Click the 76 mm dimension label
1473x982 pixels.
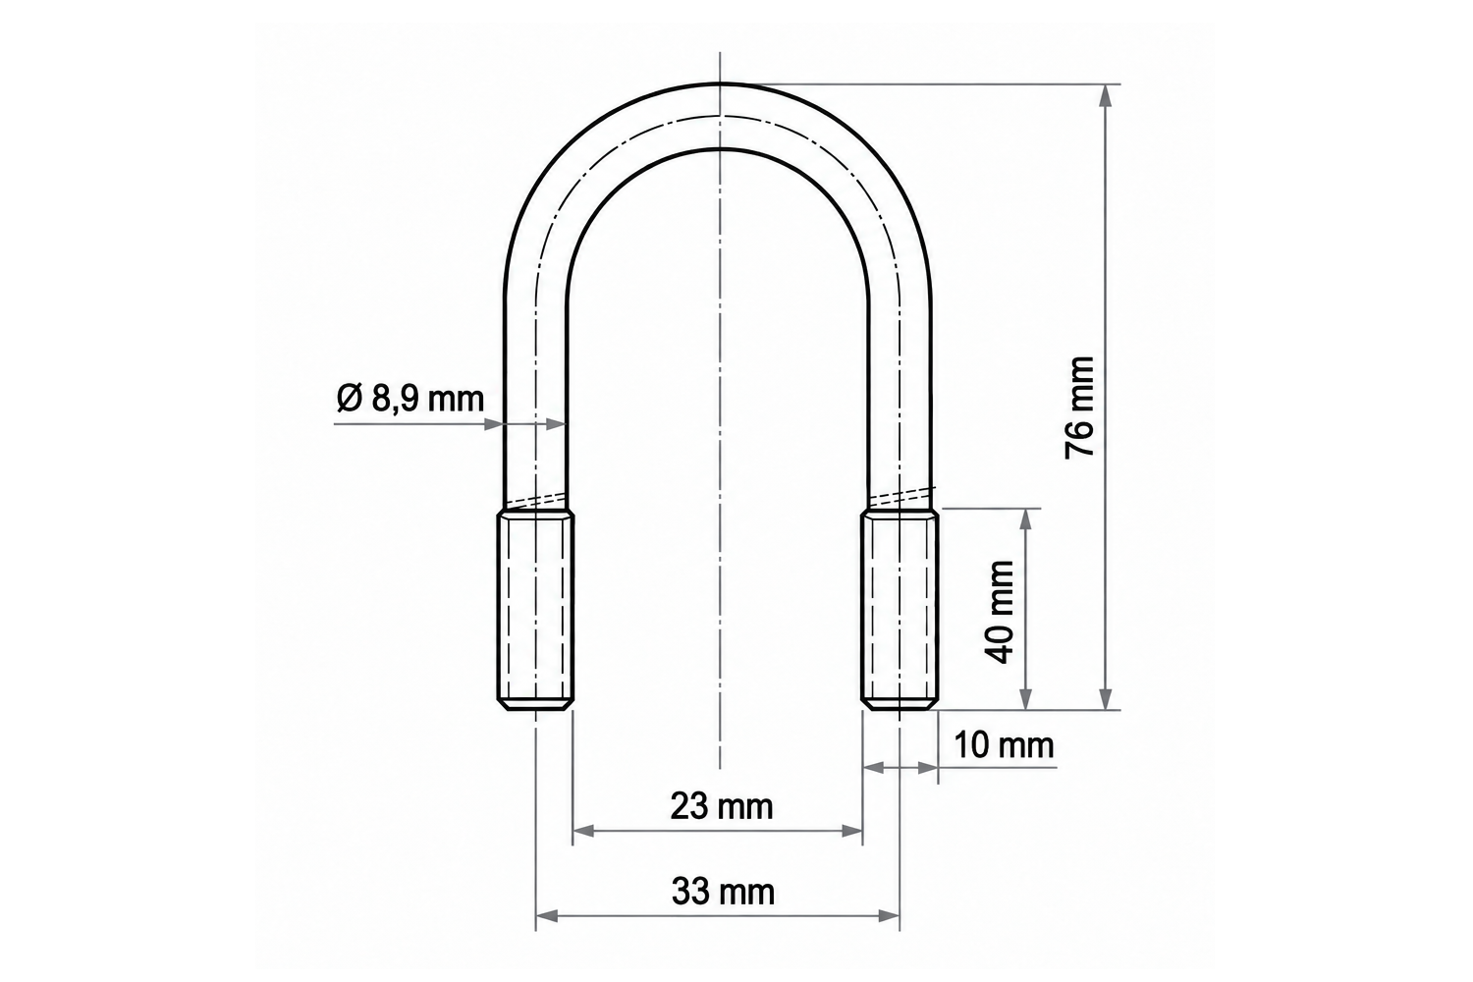[x=1080, y=408]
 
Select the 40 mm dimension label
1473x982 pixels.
[x=999, y=612]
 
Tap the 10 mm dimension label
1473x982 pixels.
[x=1004, y=745]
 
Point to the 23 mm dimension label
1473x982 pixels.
[x=722, y=806]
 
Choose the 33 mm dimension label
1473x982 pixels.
[x=723, y=892]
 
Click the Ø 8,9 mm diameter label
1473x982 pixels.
[x=410, y=398]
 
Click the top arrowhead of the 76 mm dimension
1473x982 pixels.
[x=1106, y=95]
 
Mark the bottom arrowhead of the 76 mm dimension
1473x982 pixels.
[x=1106, y=698]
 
